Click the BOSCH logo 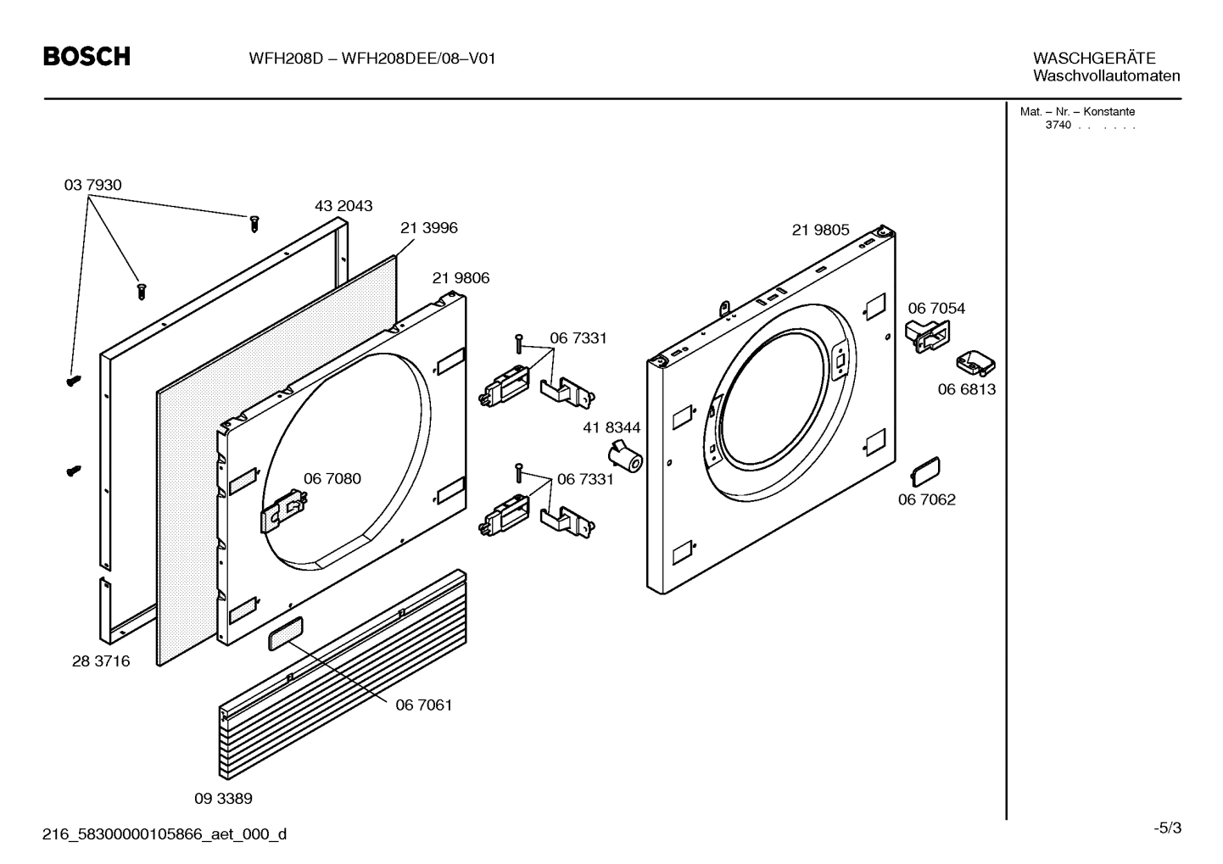[x=87, y=57]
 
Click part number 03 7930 [x=92, y=185]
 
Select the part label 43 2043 [x=343, y=206]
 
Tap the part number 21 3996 [x=428, y=228]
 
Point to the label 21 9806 [x=461, y=278]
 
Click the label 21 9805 [x=820, y=231]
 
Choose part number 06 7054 [x=936, y=309]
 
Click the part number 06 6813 [x=966, y=389]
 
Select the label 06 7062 [x=926, y=499]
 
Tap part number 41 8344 [x=611, y=428]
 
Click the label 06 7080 [x=332, y=479]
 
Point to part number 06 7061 [x=423, y=705]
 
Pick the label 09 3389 [x=223, y=799]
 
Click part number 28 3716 [x=101, y=661]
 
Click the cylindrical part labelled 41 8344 [x=627, y=459]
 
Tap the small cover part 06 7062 [x=925, y=469]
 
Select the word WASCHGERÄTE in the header [x=1093, y=59]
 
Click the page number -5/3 [x=1167, y=828]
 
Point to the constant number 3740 [x=1058, y=125]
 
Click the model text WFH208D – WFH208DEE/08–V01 [x=371, y=59]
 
